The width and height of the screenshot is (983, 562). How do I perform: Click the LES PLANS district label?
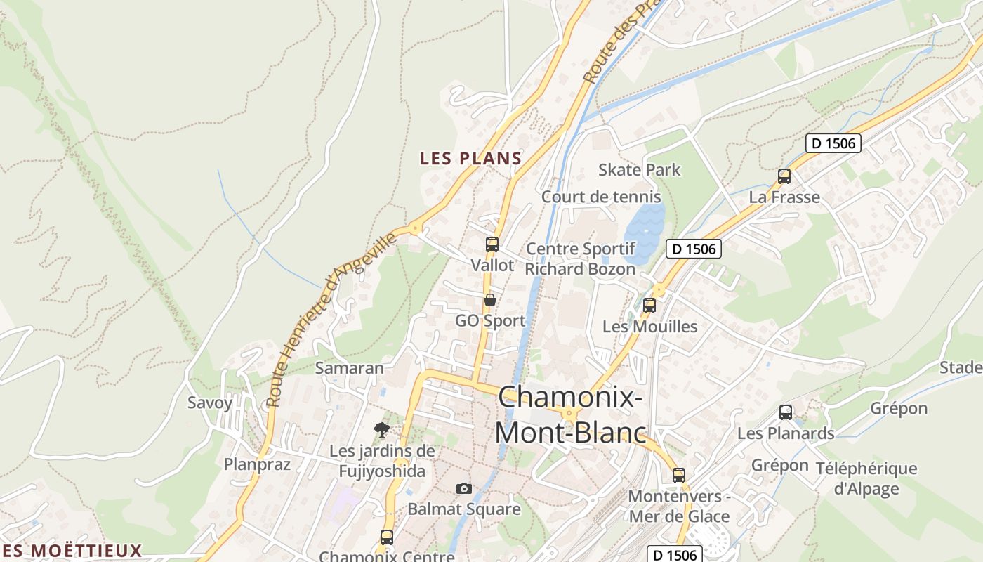pos(470,159)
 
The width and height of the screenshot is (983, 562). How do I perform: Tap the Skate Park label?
pos(639,170)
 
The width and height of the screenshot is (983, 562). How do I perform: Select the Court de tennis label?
pos(601,197)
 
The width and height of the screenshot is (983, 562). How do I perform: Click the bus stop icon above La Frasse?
pos(784,176)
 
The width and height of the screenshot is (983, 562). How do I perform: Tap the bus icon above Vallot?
pos(492,244)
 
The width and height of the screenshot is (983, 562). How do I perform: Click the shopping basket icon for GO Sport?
pos(490,300)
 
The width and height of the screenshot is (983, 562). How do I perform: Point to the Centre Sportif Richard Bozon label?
pos(580,259)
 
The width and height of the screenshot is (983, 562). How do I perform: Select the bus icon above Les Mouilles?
pos(649,306)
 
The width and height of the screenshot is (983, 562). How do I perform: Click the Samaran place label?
pos(350,368)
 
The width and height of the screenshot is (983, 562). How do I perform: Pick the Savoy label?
pos(209,403)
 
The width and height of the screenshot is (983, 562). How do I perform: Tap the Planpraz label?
pos(257,464)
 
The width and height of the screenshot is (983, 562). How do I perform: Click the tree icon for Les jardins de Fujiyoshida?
pos(382,429)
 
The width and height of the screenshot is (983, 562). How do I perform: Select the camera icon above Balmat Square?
pos(464,488)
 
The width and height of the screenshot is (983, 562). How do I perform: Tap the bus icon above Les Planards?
pos(786,412)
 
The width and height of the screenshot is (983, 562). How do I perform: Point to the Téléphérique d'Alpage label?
pos(866,478)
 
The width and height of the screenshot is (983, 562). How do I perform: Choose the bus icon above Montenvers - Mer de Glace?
pos(679,476)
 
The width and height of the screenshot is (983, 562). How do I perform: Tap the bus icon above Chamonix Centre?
pos(386,537)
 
